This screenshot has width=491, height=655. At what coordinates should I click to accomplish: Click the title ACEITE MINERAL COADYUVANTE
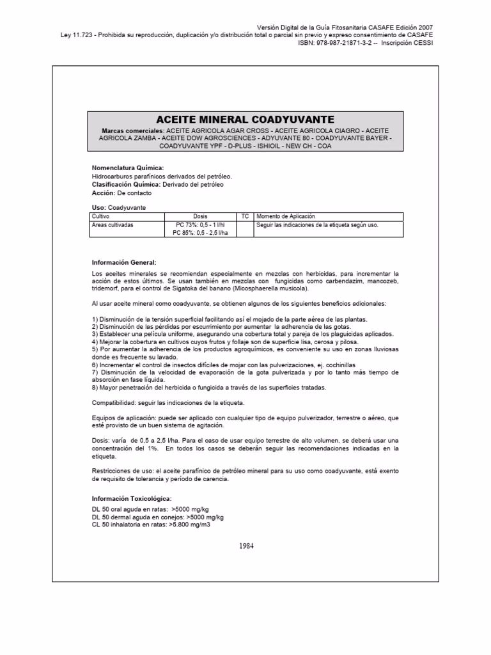tap(245, 119)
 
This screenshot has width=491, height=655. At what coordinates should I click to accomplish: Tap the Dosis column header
tap(200, 217)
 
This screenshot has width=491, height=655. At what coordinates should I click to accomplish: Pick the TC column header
tap(245, 217)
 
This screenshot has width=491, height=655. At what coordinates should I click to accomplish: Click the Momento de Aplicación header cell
tap(286, 217)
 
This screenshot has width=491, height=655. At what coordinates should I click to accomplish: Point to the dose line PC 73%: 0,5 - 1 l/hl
tap(200, 225)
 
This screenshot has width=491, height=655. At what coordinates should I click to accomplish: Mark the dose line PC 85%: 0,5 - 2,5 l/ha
tap(200, 233)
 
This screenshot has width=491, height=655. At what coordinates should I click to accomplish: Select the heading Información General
tap(124, 262)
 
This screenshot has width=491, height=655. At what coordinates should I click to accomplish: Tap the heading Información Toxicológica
tap(132, 498)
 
